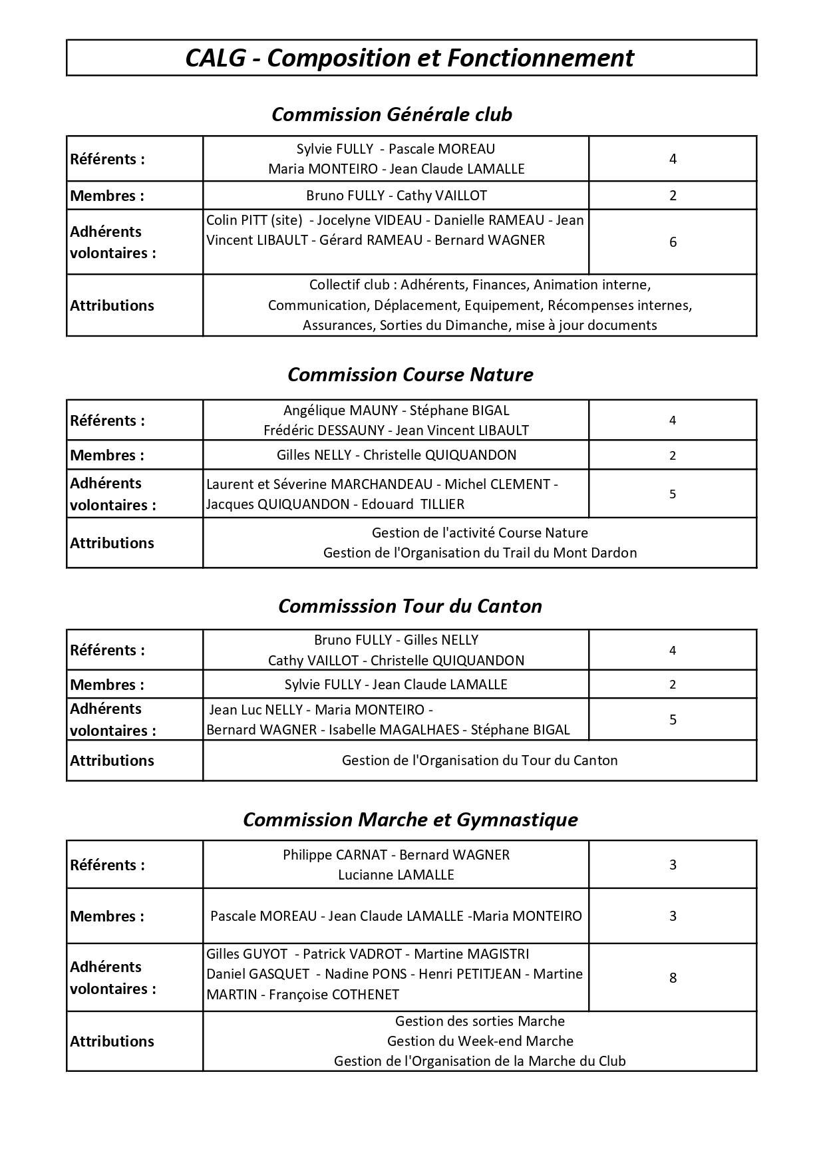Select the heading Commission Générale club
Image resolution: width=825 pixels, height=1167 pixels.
392,114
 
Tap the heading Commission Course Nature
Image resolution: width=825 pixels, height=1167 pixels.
410,375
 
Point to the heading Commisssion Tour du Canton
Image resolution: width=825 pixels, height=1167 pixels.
410,606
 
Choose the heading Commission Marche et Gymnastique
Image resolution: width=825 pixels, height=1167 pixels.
410,819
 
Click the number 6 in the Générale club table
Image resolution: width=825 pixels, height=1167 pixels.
673,242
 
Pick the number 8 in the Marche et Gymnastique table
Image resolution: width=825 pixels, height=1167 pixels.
673,977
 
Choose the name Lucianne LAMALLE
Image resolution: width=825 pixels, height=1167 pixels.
396,875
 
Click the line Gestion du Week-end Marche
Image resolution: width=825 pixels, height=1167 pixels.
480,1041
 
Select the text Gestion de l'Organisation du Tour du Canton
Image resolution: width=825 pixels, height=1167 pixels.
480,760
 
